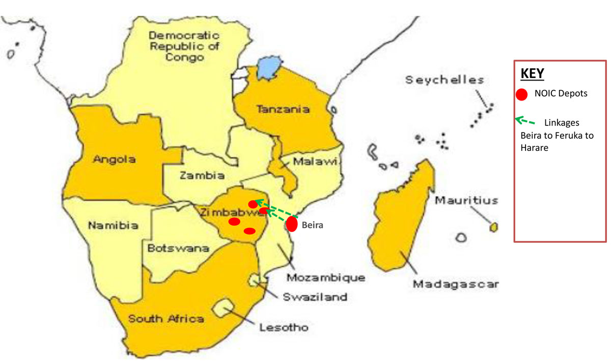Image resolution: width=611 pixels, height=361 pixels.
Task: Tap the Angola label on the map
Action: coord(114,159)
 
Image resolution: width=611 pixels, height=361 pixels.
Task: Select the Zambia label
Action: coord(202,175)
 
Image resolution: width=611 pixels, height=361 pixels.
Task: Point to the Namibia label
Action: coord(113,225)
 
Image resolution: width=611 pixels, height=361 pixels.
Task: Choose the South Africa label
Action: coord(166,319)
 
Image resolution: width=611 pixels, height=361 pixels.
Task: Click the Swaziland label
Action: coord(316,297)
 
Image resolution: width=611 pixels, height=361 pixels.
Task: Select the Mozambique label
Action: coord(325,278)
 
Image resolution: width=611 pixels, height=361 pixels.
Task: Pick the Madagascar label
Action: coord(455,284)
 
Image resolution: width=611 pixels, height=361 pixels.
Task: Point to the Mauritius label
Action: coord(466,200)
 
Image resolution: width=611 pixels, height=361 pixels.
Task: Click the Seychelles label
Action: coord(445,80)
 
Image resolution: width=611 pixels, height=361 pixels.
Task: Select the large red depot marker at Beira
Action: coord(292,224)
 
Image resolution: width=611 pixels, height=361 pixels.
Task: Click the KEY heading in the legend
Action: coord(532,73)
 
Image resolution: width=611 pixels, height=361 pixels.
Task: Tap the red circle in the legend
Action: coord(521,94)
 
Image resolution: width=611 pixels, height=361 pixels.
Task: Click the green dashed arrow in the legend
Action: coord(526,121)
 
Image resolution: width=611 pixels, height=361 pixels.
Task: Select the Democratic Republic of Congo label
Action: coord(184,46)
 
